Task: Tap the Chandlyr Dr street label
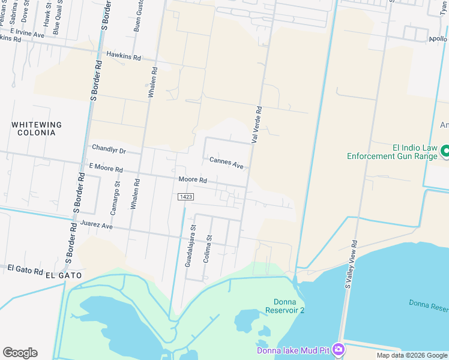click(109, 148)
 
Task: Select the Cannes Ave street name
click(226, 162)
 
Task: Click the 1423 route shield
click(185, 197)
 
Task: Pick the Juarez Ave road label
click(97, 226)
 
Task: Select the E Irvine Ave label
click(27, 33)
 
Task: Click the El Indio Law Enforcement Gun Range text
click(392, 152)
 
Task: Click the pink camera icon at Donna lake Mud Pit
click(339, 349)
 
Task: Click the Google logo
click(20, 353)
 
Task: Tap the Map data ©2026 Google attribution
click(412, 355)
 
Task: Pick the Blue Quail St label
click(56, 18)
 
